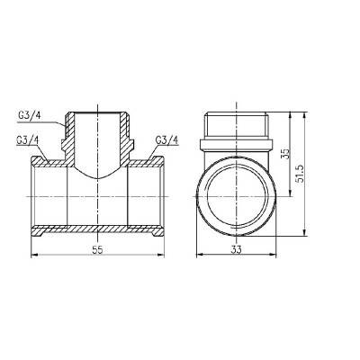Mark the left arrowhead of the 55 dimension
(34, 256)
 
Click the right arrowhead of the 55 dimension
(165, 256)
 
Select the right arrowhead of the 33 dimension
(275, 256)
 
